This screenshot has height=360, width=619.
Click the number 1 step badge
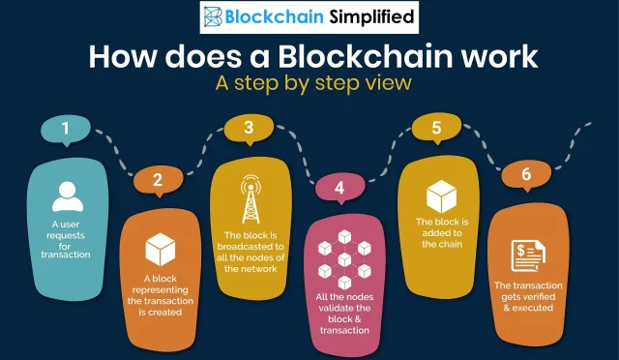pos(66,129)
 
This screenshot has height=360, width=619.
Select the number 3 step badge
pos(249,127)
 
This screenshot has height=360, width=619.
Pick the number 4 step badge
pos(339,187)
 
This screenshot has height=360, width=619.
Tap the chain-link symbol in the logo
pos(213,16)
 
